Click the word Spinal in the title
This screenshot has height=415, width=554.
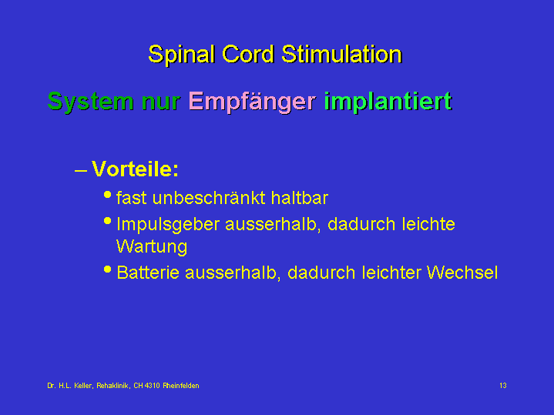182,55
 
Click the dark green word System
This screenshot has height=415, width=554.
91,102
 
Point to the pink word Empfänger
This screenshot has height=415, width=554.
252,102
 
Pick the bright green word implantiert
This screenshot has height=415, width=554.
388,102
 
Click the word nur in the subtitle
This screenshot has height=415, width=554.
161,102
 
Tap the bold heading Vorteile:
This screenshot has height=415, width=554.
136,169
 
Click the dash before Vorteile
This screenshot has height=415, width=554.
81,171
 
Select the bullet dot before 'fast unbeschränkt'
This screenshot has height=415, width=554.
108,195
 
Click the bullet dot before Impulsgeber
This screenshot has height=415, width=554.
108,221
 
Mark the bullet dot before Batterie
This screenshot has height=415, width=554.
108,269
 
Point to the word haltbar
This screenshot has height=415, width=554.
300,198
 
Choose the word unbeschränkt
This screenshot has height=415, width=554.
209,198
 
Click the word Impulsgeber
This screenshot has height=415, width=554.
168,225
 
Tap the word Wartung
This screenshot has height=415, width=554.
152,247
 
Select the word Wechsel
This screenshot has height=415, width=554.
462,273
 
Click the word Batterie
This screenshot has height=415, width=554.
148,273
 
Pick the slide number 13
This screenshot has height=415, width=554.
503,386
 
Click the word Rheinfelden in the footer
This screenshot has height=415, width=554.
181,386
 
